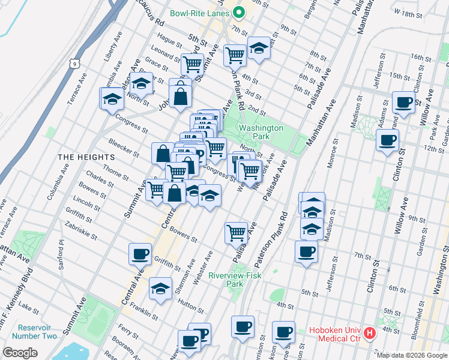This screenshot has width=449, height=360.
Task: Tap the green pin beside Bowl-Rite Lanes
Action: [238, 12]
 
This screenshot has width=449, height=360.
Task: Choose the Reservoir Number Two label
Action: [37, 332]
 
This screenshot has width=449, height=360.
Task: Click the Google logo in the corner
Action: [20, 353]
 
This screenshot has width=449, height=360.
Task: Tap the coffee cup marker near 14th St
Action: [403, 101]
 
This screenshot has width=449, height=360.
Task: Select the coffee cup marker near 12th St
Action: [387, 140]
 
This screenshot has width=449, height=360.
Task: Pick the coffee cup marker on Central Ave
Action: [140, 253]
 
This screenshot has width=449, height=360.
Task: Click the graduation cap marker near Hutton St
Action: [160, 289]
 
